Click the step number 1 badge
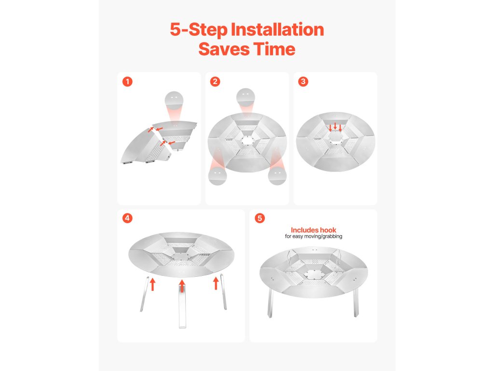127,82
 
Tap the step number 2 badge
215,82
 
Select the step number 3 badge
303,82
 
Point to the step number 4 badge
127,218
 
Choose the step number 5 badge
260,218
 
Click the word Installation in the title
277,29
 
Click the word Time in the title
274,49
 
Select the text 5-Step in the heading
198,30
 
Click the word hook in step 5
328,230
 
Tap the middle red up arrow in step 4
182,285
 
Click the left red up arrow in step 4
152,284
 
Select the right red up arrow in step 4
216,283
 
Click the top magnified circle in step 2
246,97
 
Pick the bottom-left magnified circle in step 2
218,176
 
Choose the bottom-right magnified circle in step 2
277,176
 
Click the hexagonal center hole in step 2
247,141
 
